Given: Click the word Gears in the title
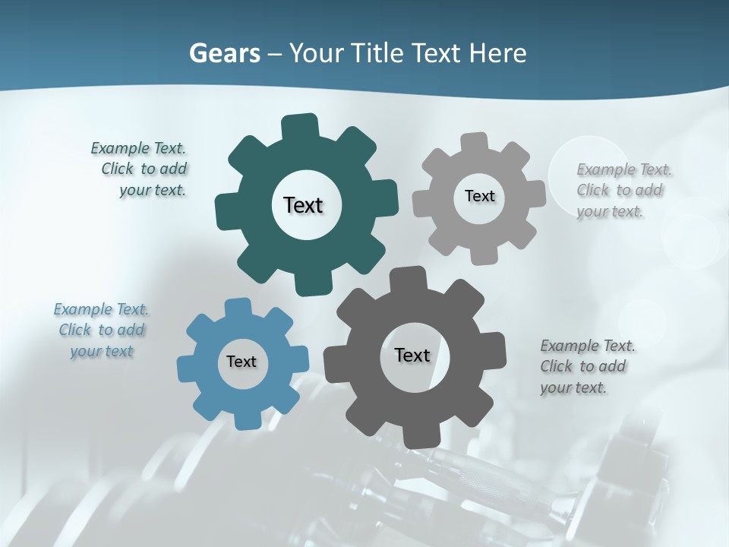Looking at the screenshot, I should click(225, 53).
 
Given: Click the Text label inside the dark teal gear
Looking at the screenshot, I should click(303, 205).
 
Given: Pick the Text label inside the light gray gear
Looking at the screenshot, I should click(479, 196).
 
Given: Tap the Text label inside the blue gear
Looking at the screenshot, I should click(241, 362).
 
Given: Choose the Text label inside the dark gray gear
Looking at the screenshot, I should click(412, 355).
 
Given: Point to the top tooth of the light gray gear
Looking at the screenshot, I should click(475, 143).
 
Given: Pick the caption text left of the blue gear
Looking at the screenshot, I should click(101, 330).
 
